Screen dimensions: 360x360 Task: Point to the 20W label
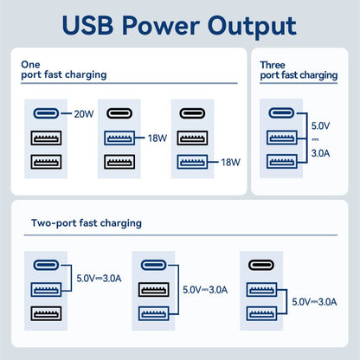tap(83, 113)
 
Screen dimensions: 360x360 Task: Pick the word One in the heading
tap(30, 63)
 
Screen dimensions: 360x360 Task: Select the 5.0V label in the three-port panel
tap(319, 124)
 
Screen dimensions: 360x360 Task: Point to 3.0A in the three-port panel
tap(319, 153)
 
